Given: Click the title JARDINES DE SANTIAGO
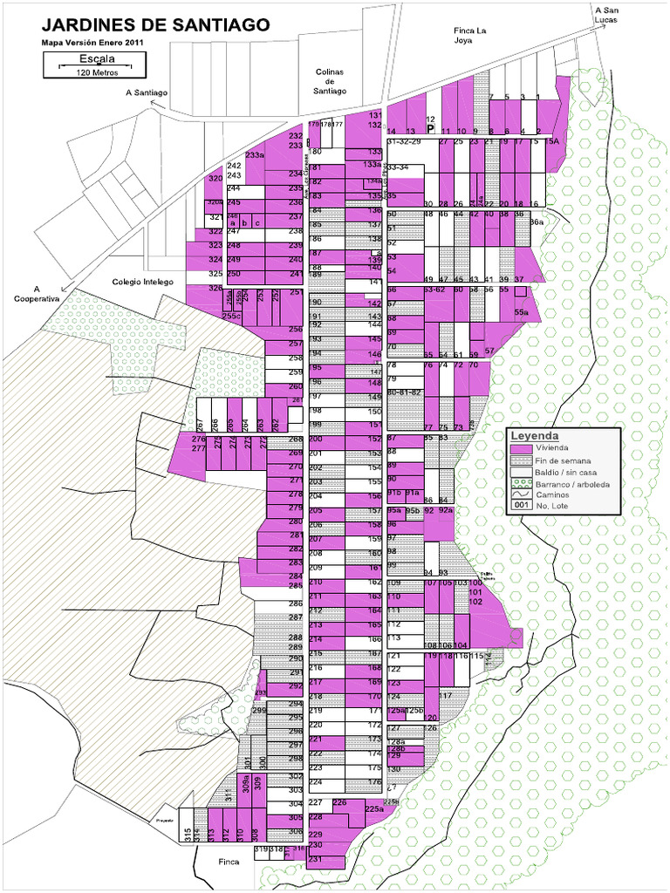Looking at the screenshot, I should pyautogui.click(x=155, y=25).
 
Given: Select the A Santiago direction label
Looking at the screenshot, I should pyautogui.click(x=146, y=92).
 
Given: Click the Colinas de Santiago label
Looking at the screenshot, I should pyautogui.click(x=330, y=81).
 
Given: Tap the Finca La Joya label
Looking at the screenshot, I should pyautogui.click(x=469, y=35).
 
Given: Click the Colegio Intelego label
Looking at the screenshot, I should pyautogui.click(x=144, y=283).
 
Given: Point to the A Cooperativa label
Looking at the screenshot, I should pyautogui.click(x=37, y=294).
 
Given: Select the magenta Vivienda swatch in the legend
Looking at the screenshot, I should pyautogui.click(x=521, y=448).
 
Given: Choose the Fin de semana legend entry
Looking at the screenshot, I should pyautogui.click(x=563, y=460).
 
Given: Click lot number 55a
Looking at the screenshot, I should pyautogui.click(x=522, y=312).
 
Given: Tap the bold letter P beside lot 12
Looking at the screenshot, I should pyautogui.click(x=430, y=127).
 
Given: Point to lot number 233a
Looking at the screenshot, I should pyautogui.click(x=254, y=155).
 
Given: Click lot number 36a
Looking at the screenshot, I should pyautogui.click(x=537, y=222).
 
